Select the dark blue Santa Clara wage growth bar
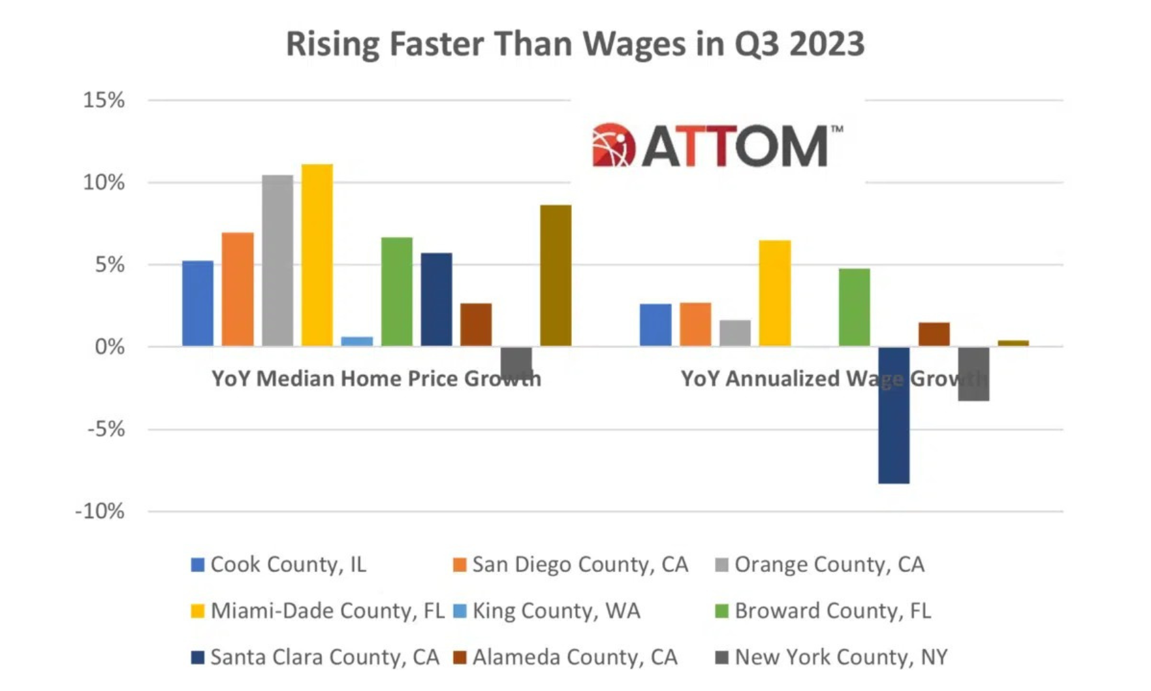pyautogui.click(x=893, y=415)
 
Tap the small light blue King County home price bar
pyautogui.click(x=357, y=341)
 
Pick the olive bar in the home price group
pyautogui.click(x=556, y=275)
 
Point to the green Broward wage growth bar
pyautogui.click(x=854, y=307)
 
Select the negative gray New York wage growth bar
pyautogui.click(x=973, y=374)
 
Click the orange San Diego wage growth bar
pyautogui.click(x=695, y=324)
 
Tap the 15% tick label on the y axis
pyautogui.click(x=103, y=100)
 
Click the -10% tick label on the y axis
pyautogui.click(x=100, y=511)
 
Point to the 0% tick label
pyautogui.click(x=109, y=347)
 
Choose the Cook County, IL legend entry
pyautogui.click(x=279, y=564)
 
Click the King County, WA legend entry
pyautogui.click(x=547, y=611)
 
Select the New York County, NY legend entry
pyautogui.click(x=832, y=657)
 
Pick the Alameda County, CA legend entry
pyautogui.click(x=565, y=657)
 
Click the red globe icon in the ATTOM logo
pyautogui.click(x=613, y=144)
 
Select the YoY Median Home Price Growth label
pyautogui.click(x=376, y=378)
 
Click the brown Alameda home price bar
pyautogui.click(x=476, y=324)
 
